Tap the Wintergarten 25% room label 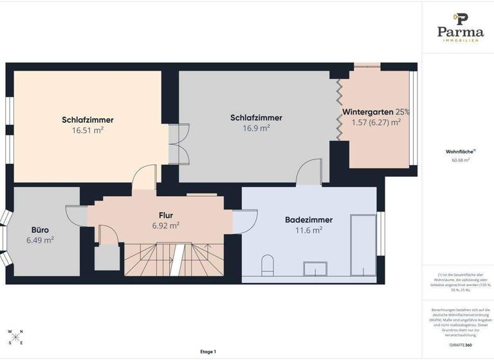click(x=376, y=111)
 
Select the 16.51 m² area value click(x=88, y=129)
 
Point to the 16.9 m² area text click(x=256, y=128)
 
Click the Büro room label click(x=41, y=230)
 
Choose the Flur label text click(x=166, y=215)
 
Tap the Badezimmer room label click(x=309, y=220)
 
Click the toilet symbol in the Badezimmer click(x=268, y=265)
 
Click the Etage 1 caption click(x=208, y=352)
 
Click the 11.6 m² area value click(x=309, y=230)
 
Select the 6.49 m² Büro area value click(x=41, y=240)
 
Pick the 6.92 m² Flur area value click(x=165, y=226)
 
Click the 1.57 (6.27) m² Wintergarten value click(x=376, y=122)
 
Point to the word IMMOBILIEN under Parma click(x=461, y=40)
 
